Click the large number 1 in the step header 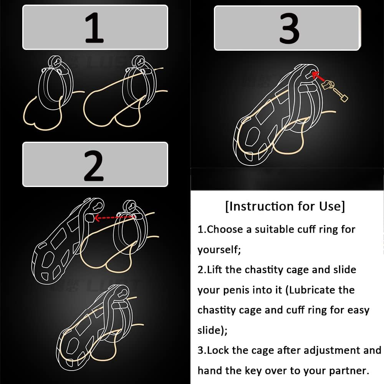coord(94,27)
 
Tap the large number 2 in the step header coord(94,166)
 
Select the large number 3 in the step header coord(289,28)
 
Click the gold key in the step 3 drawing coord(334,90)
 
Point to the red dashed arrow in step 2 coord(114,217)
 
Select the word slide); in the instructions coord(212,330)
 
